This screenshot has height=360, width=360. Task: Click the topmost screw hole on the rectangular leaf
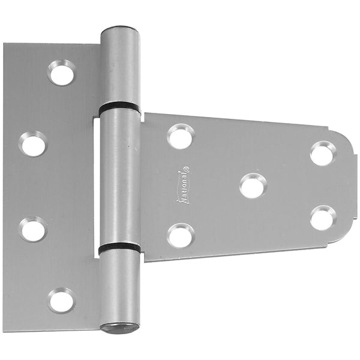62,73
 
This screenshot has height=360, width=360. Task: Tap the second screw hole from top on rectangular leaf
33,144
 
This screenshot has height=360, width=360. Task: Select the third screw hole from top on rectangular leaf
33,229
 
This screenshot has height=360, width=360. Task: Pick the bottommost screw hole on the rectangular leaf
62,299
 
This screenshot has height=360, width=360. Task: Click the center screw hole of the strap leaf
253,185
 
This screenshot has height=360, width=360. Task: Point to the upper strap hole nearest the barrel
181,136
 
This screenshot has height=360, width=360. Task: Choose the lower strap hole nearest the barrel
181,235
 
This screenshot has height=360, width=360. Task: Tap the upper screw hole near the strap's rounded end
323,153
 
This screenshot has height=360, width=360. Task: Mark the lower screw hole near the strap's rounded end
323,218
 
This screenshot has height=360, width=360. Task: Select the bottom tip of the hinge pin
119,328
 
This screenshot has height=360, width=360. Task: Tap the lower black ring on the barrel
119,247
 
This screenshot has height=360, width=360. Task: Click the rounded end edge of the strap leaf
353,186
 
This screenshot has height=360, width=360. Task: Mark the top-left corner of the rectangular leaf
5,44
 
